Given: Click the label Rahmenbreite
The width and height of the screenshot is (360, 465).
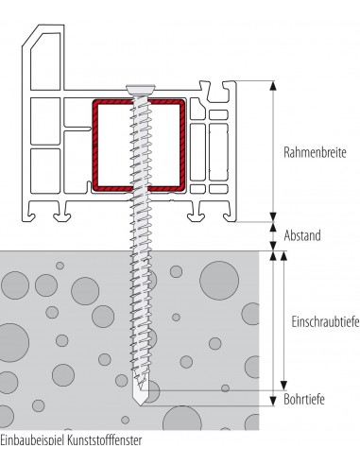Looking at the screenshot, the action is point(315,152).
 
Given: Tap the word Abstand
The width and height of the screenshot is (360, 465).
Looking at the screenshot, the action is point(302,235).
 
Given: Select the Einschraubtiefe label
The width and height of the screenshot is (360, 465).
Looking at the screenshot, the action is point(325,322).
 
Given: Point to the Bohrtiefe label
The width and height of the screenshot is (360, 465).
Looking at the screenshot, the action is point(304,399).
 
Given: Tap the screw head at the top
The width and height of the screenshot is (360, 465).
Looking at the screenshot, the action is point(141,89).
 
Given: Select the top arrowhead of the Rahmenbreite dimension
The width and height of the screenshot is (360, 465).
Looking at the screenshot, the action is point(273,86).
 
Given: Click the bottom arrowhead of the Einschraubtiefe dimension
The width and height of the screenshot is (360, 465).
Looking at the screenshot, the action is point(283,386).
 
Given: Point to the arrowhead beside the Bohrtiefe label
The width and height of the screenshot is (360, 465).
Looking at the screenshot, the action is point(273,401).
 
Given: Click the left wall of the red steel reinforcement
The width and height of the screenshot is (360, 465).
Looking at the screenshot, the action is point(95,146).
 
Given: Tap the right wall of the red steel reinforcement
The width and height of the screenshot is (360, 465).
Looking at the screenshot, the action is point(182,146).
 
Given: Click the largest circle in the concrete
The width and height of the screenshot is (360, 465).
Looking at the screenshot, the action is point(219,280).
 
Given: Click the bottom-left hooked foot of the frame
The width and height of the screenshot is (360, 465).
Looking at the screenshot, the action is point(30,215).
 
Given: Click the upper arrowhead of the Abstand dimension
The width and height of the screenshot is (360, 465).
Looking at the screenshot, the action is point(273,227).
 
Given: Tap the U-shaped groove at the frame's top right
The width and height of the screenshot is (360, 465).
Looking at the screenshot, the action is point(217,93).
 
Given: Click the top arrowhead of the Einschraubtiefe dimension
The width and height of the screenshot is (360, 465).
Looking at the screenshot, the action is point(283,256).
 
